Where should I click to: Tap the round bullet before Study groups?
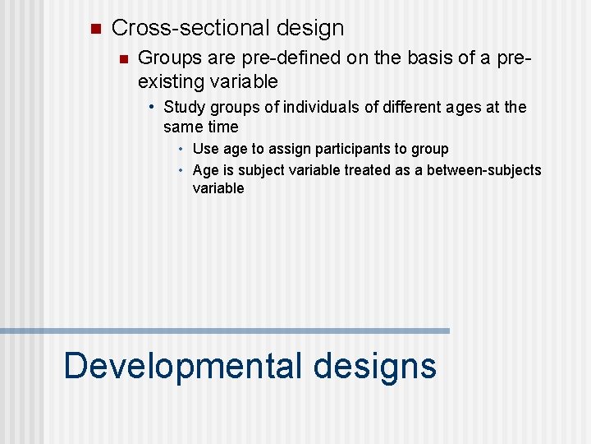tap(153, 106)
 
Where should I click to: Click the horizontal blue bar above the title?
tap(225, 331)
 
